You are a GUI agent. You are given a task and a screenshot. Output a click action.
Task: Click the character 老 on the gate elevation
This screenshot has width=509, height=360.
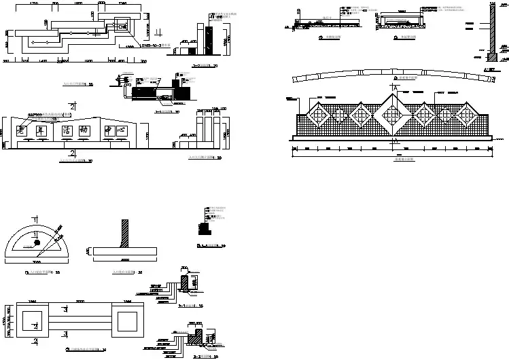(x=23, y=130)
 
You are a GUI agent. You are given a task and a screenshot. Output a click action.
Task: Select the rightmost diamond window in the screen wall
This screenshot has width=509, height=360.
(x=466, y=117)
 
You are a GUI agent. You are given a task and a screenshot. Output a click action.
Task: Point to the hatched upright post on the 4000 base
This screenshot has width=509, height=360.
(x=124, y=233)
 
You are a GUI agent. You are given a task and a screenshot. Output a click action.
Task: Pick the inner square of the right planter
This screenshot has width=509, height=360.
(x=126, y=323)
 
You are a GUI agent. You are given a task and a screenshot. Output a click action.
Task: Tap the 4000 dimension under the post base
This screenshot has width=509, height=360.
(x=124, y=259)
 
